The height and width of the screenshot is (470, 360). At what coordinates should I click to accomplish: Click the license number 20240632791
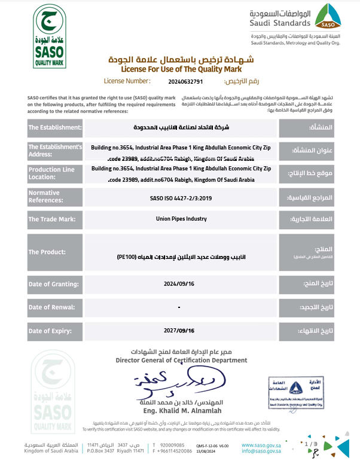187,81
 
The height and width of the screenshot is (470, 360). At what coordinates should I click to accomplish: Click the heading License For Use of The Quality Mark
181,69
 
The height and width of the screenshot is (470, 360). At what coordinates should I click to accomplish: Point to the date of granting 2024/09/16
179,283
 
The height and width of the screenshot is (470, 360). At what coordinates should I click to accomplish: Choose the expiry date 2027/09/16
179,330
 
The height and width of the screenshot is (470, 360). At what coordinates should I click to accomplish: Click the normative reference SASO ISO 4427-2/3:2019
179,197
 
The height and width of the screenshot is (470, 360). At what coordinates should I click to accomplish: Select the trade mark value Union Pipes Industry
179,219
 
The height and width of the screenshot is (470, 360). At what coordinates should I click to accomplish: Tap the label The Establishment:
55,128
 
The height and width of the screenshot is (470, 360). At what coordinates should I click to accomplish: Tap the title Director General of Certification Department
181,361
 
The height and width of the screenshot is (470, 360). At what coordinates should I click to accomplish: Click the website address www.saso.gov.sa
262,445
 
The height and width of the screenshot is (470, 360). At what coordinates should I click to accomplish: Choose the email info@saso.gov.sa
262,452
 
